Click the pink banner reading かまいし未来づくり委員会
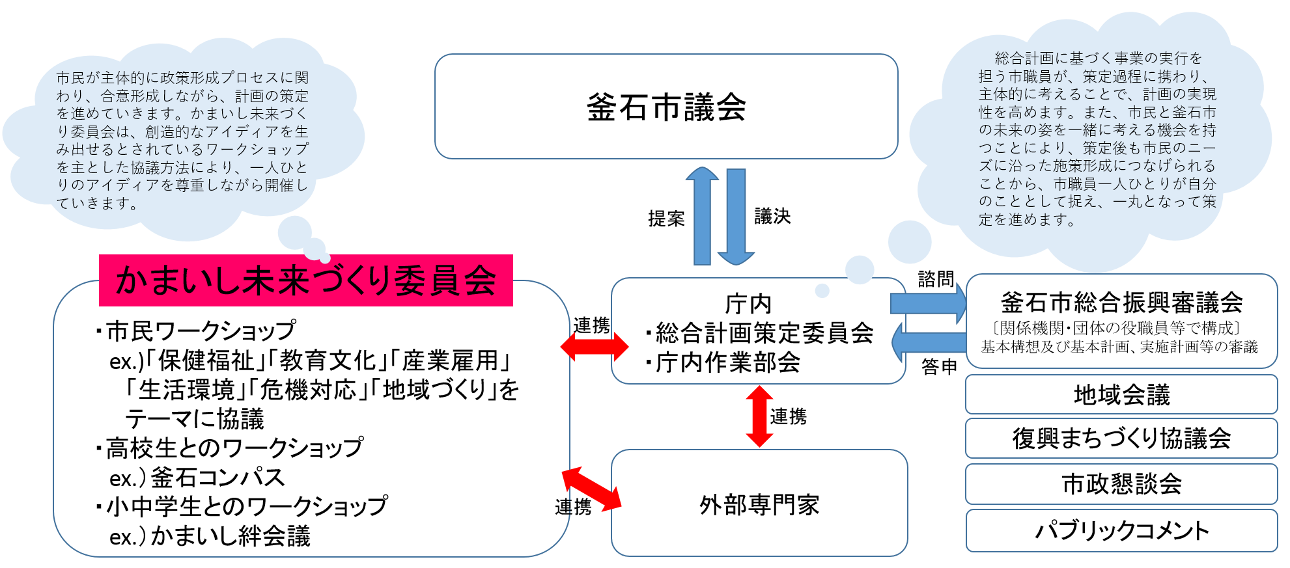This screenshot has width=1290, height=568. (x=305, y=280)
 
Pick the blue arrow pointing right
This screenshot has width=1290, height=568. (x=928, y=303)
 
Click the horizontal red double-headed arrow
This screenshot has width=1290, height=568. (x=594, y=347)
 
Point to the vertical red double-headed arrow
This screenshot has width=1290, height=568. (x=759, y=416)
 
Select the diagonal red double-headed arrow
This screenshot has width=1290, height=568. (x=591, y=489)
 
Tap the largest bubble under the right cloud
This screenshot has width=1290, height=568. (x=910, y=242)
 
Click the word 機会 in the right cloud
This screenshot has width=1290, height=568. (x=1157, y=130)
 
